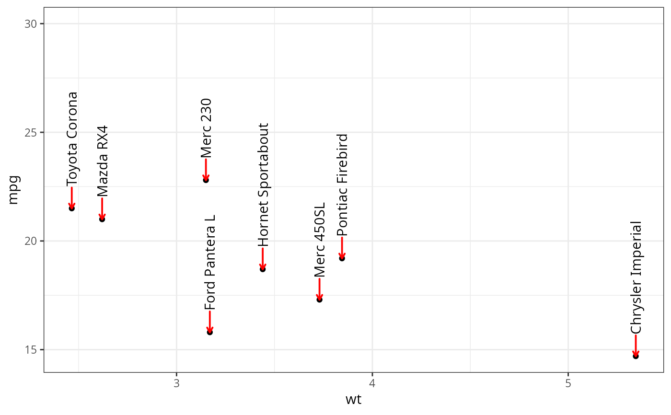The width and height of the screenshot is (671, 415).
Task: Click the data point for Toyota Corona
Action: click(72, 208)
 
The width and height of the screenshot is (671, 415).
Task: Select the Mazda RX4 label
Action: click(103, 161)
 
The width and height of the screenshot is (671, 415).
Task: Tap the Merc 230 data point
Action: click(206, 180)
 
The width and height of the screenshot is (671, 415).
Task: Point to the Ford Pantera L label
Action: click(210, 262)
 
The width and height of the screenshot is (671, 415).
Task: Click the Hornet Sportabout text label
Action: click(263, 184)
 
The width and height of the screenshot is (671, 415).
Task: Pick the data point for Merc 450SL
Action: click(320, 300)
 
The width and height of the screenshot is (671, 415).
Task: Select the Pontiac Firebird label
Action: click(342, 184)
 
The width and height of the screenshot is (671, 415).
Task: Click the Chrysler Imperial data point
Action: click(636, 356)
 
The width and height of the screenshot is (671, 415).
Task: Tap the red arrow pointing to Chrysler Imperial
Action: click(636, 345)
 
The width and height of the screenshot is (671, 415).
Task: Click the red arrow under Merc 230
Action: click(206, 169)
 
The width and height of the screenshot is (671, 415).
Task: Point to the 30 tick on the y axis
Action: click(31, 24)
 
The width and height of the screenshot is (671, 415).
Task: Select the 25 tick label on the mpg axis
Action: click(31, 133)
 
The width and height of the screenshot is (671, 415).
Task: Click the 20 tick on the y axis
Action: click(31, 241)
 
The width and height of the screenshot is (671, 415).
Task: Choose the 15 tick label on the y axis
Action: click(31, 350)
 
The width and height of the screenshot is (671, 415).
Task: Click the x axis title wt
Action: click(353, 400)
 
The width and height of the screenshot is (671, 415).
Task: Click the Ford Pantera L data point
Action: click(210, 332)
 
